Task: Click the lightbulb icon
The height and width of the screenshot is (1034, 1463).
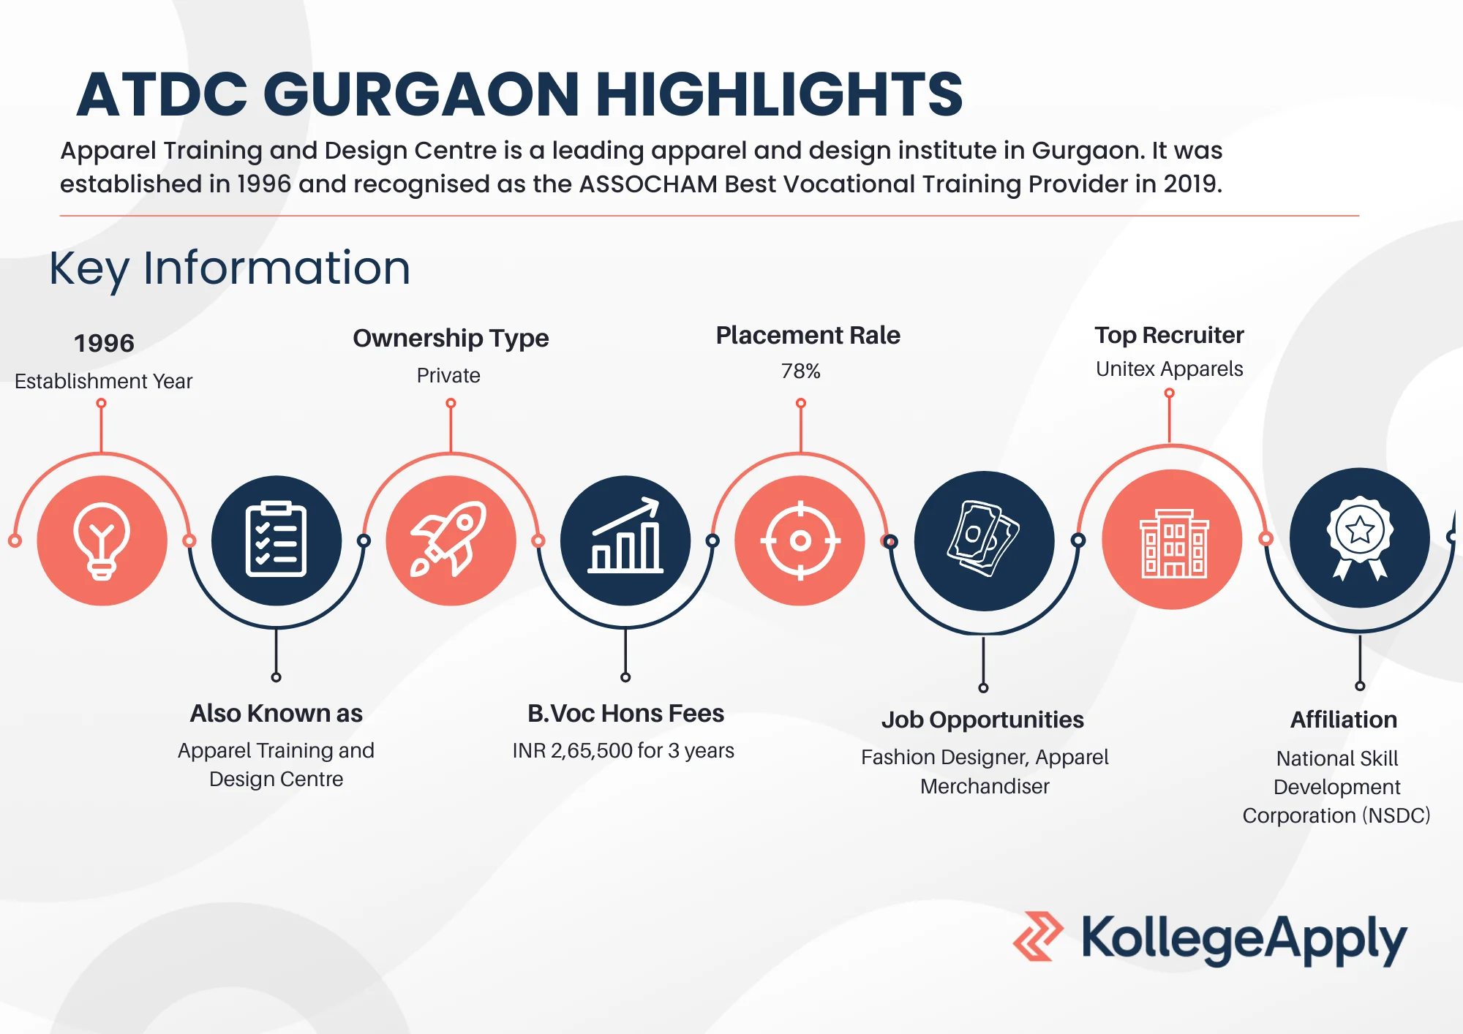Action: pos(102,541)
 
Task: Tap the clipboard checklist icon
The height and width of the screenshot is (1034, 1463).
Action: pos(277,540)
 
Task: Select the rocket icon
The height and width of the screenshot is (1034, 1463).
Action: pos(449,539)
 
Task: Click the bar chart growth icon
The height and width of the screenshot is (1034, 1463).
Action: pos(626,535)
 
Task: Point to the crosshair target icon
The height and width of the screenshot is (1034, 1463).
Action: pos(800,541)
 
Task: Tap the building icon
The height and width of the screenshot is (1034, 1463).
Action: pos(1173,543)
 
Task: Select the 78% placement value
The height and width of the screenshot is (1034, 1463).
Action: pos(801,371)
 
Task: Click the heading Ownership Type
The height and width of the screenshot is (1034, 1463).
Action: pos(451,339)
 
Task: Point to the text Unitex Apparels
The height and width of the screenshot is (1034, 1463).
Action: pos(1170,369)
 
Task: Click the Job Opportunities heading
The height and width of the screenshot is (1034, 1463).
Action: pos(982,720)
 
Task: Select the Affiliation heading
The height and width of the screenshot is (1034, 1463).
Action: pos(1344,720)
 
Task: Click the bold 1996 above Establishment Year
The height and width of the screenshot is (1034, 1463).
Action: pos(104,343)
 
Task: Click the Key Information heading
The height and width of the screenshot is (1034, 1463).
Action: pos(230,269)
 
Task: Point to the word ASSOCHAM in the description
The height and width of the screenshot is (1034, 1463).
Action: pos(648,184)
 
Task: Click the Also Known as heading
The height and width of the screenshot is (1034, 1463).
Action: pos(277,714)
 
